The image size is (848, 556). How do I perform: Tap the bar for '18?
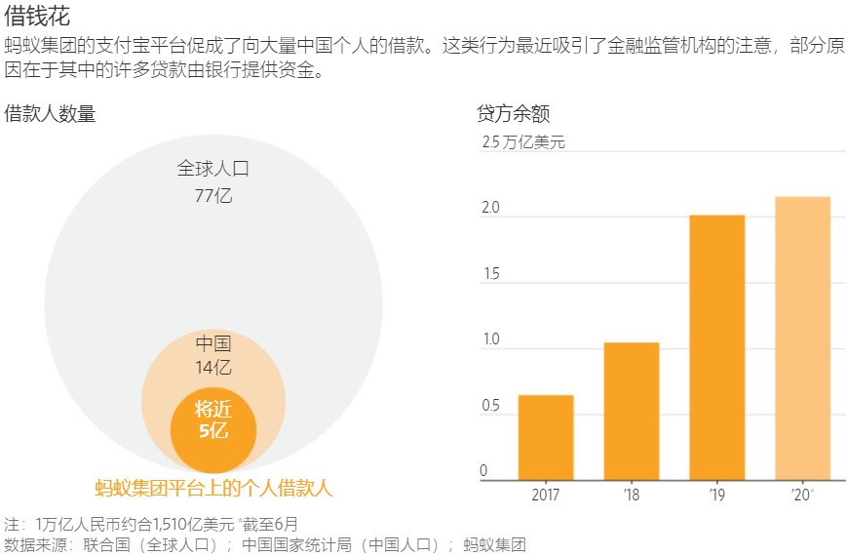(632, 411)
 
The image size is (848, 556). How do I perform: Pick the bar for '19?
(717, 347)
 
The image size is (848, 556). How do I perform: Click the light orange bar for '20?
(802, 338)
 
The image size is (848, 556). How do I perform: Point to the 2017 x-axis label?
(546, 495)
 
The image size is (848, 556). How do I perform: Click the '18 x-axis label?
(632, 495)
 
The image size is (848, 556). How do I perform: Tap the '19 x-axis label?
(717, 495)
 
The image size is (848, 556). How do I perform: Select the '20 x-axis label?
(802, 495)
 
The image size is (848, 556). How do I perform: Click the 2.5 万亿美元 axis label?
(523, 142)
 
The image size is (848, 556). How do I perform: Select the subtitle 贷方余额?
(514, 113)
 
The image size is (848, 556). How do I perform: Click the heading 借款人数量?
(51, 113)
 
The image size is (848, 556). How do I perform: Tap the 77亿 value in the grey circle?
(213, 195)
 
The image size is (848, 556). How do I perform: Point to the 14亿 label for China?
(213, 368)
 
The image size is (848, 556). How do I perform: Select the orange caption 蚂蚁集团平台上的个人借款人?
(213, 489)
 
